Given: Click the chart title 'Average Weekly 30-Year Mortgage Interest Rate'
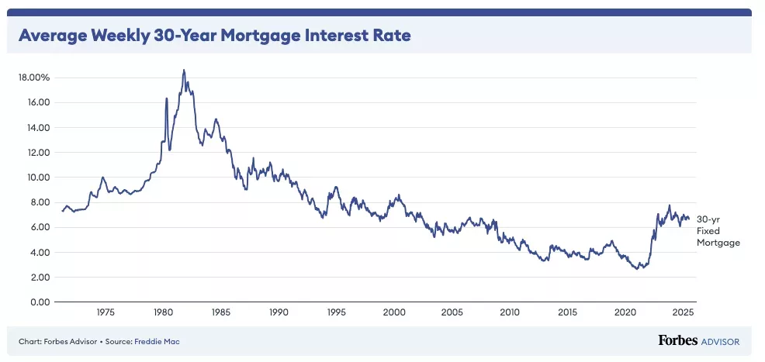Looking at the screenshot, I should point(214,36).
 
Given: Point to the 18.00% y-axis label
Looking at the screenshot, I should point(35,78).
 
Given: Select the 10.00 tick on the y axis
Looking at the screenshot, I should point(39,178).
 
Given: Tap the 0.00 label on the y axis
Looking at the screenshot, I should point(39,302).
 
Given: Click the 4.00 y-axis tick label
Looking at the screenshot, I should point(39,253).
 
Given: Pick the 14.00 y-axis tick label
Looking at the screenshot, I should point(39,128).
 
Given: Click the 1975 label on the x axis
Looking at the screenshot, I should point(106,312).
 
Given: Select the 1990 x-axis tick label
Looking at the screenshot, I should point(279,312).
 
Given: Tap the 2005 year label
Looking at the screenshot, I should point(452,312).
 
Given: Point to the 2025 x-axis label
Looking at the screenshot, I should point(683,312).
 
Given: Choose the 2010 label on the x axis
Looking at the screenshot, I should point(510,312).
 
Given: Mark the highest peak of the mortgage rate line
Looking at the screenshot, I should point(184,71).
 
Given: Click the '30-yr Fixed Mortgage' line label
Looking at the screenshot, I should point(718,231).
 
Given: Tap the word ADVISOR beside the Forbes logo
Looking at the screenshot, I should point(719,341).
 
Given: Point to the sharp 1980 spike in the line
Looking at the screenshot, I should point(167,98).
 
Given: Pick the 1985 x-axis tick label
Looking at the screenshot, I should point(221,312).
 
